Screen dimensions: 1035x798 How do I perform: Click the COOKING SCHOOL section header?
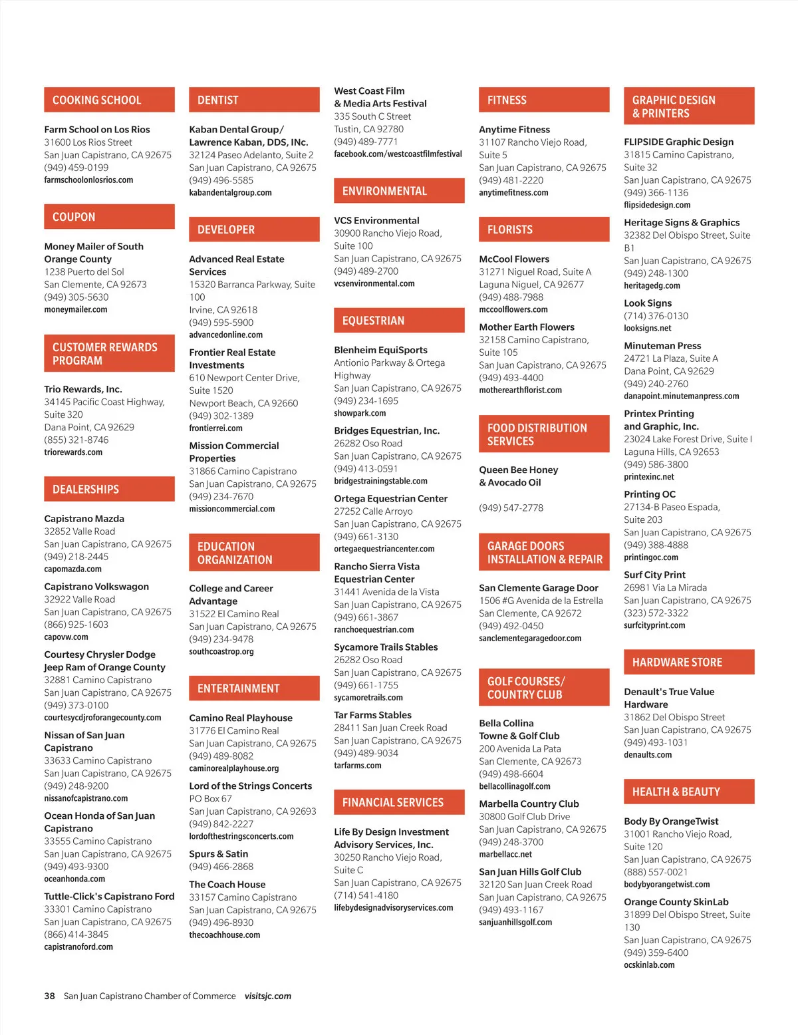tap(97, 100)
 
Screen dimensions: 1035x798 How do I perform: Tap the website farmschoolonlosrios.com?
tap(88, 180)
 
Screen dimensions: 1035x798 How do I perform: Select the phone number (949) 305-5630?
tap(76, 297)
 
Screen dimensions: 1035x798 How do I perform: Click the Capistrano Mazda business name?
tap(84, 519)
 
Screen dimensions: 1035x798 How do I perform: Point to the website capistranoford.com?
tap(78, 947)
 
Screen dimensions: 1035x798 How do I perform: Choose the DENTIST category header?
tap(218, 100)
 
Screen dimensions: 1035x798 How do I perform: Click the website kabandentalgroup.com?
tap(230, 193)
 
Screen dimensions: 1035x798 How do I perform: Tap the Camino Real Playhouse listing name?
tap(241, 718)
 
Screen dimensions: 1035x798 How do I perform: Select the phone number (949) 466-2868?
tap(221, 867)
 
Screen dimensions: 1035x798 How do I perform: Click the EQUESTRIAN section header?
tap(373, 321)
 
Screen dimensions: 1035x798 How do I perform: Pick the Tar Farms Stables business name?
tap(372, 715)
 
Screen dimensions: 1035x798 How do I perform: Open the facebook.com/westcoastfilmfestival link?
tap(398, 154)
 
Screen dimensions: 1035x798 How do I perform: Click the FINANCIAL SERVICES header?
tap(393, 803)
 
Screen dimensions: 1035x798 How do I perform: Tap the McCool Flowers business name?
tap(514, 259)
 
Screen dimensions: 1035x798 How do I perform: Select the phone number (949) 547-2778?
tap(511, 508)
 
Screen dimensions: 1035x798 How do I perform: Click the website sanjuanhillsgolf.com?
tap(515, 923)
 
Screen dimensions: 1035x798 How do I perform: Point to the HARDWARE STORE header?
tap(677, 663)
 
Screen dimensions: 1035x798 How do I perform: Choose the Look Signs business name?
tap(648, 303)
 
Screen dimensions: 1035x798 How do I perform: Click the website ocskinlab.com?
tap(649, 965)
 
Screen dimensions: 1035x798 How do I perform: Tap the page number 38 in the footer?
tap(49, 996)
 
